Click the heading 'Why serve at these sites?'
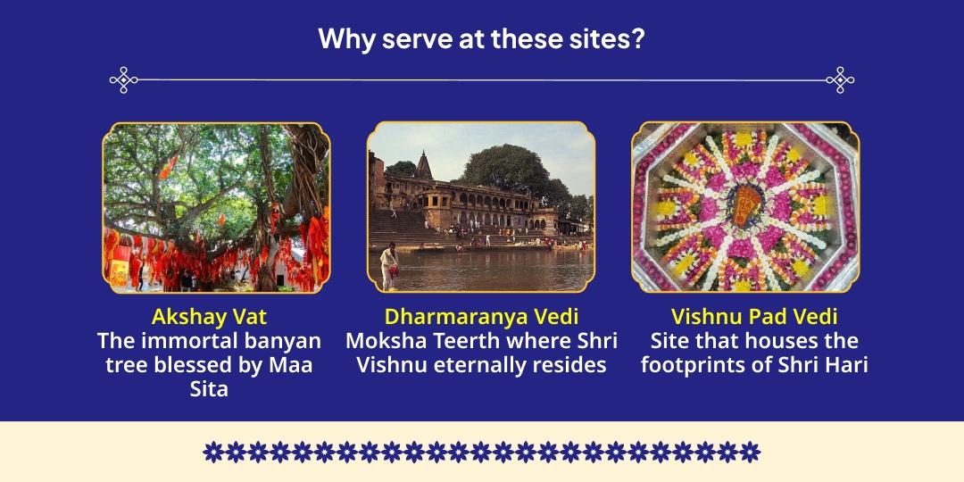[x=481, y=40]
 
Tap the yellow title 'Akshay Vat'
[x=209, y=317]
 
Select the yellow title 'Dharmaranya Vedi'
[x=481, y=317]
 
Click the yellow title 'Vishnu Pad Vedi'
[x=754, y=317]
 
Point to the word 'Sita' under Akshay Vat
[x=209, y=389]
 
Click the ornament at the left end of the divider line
[x=123, y=80]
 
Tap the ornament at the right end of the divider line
[x=840, y=80]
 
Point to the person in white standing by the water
[x=389, y=265]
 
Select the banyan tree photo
[x=215, y=207]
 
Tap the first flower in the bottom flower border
[x=212, y=452]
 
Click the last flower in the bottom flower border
[x=751, y=452]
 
